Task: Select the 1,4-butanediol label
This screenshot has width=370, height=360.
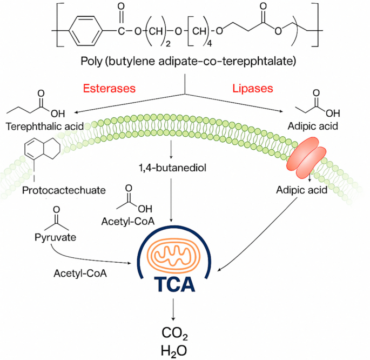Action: (x=171, y=167)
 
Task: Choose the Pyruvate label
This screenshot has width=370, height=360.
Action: (x=53, y=237)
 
